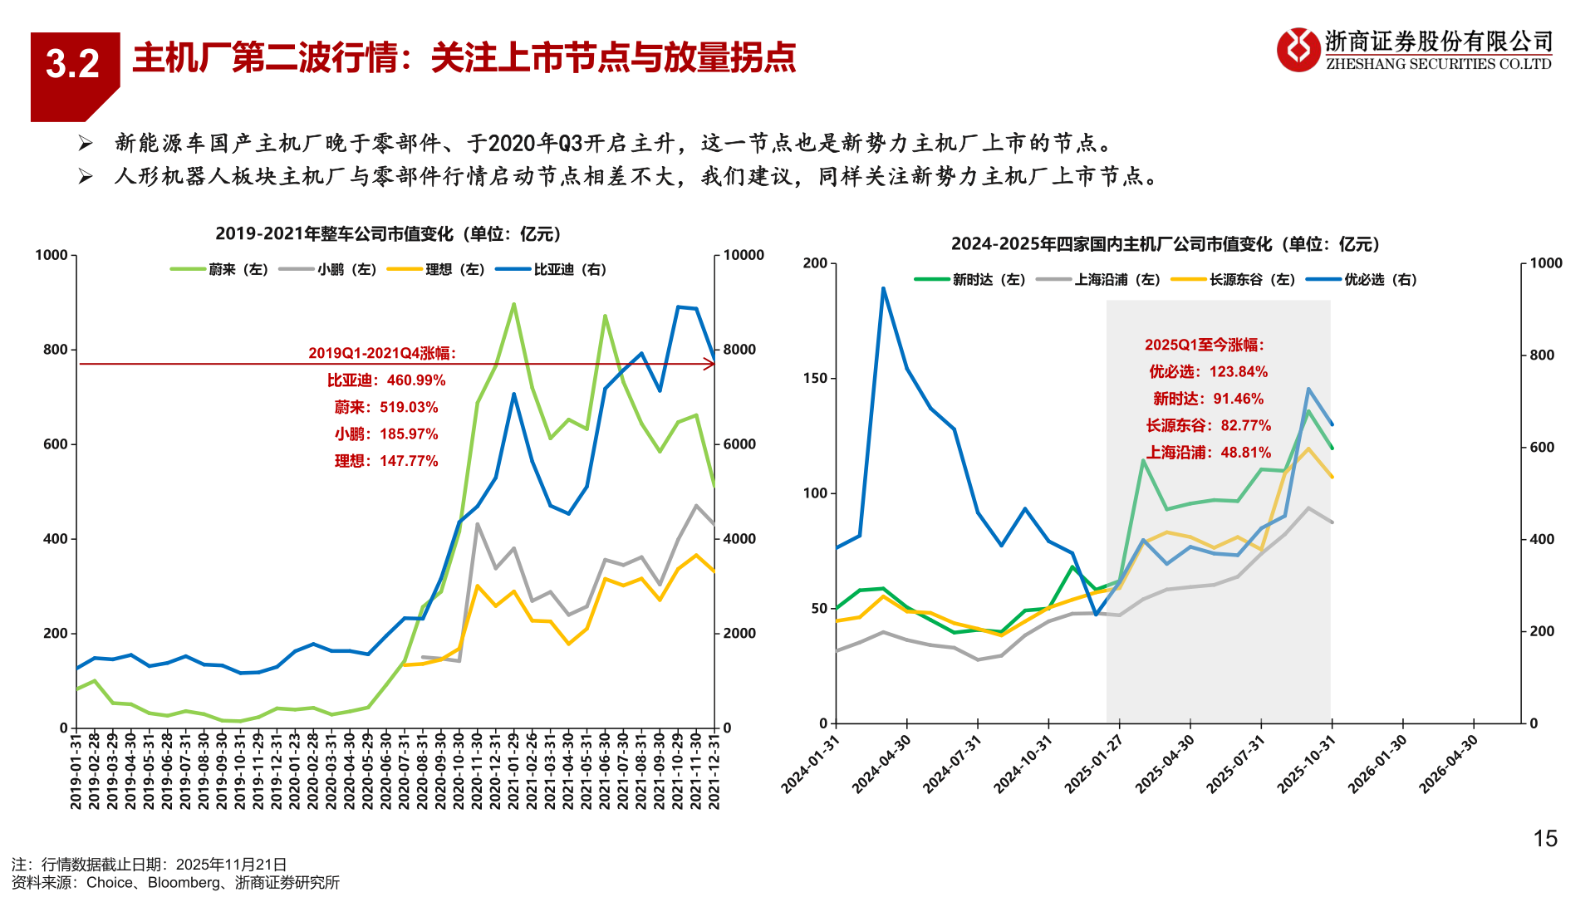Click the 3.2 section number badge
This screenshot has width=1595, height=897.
tap(73, 65)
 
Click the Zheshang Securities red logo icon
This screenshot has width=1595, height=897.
tap(1298, 50)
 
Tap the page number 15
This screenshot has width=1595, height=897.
tap(1544, 839)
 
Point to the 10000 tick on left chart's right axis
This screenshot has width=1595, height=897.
tap(743, 255)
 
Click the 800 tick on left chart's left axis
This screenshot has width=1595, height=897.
tap(55, 350)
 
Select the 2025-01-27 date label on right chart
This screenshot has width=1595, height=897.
tap(1094, 765)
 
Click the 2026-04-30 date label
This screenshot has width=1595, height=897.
tap(1449, 765)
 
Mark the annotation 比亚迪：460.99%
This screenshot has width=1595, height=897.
tap(386, 380)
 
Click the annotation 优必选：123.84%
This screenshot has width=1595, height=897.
tap(1208, 372)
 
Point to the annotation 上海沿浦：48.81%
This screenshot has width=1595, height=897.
tap(1208, 453)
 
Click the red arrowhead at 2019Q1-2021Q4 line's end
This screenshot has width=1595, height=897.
tap(710, 364)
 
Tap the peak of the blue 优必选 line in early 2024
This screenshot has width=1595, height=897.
tap(883, 289)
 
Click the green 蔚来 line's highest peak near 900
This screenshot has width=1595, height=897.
tap(513, 304)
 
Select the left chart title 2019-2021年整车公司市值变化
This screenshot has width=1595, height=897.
tap(387, 234)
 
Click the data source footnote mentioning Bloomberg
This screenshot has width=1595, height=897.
tap(175, 883)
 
